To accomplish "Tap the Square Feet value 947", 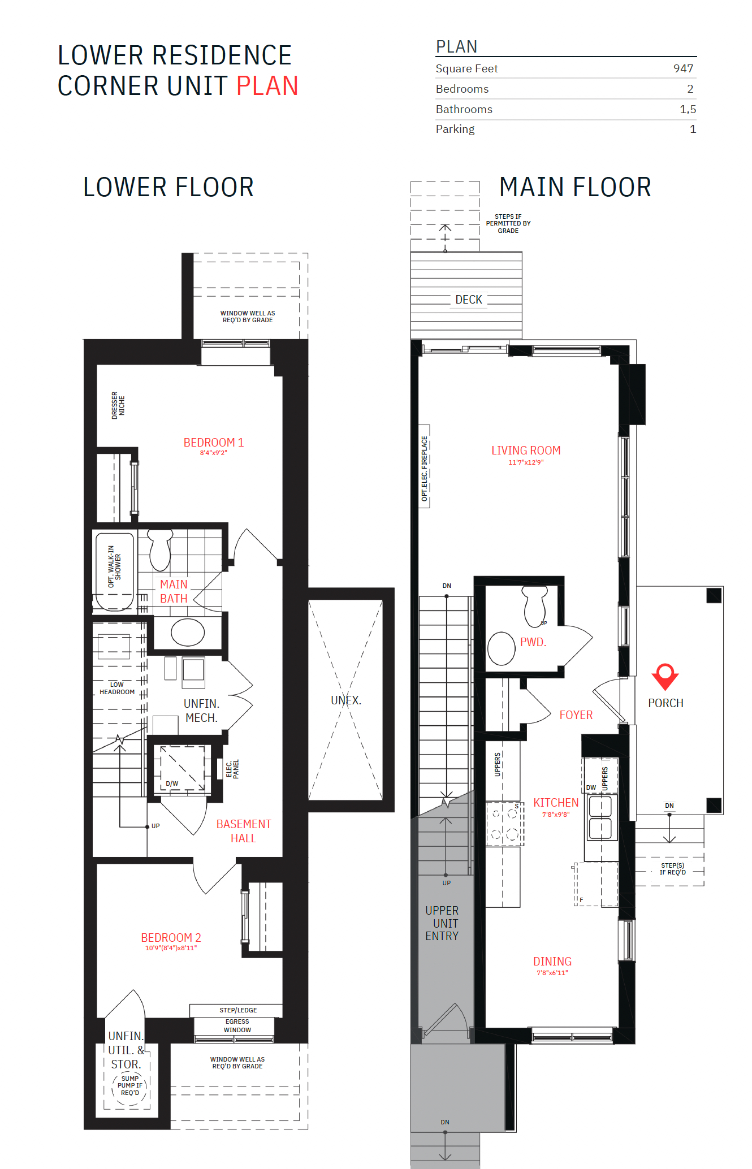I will point(683,68).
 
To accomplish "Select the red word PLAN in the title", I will point(267,86).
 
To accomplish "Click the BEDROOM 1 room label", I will point(213,443).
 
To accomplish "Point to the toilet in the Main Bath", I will point(160,550).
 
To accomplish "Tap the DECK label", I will point(469,300).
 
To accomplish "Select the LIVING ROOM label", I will point(526,451).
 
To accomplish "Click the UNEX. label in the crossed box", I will point(346,700).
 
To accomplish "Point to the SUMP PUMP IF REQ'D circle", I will point(129,1086).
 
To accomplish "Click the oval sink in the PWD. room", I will point(501,648).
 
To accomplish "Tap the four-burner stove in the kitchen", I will point(504,824).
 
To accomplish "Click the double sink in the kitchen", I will point(600,817).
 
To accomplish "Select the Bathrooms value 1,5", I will point(688,109).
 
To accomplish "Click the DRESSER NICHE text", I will point(118,405).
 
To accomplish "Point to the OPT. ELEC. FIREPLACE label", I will point(424,467).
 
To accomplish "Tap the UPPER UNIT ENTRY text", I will point(442,923).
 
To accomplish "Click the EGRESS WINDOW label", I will point(237,1025).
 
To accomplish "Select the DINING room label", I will point(552,962).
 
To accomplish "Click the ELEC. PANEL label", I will point(232,769).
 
